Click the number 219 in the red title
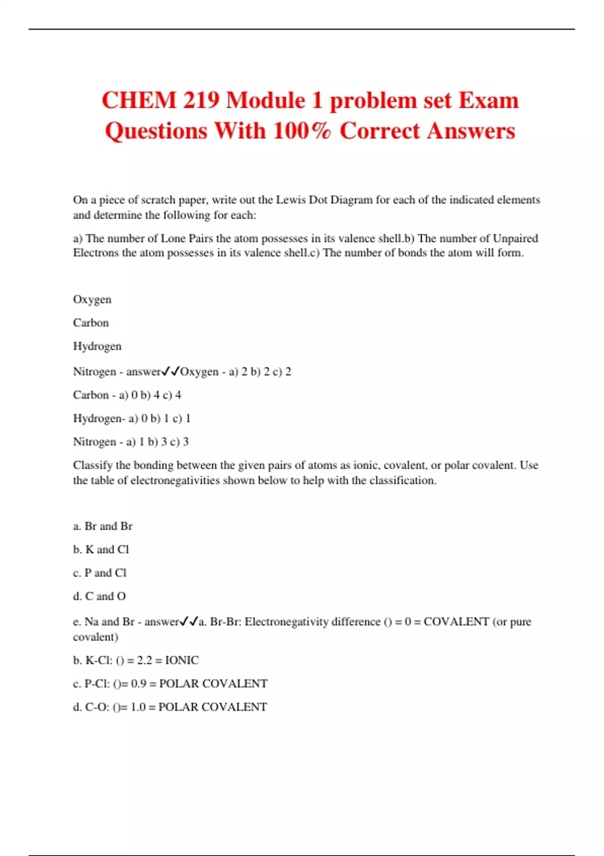(201, 100)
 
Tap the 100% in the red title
(302, 131)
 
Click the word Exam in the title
(488, 100)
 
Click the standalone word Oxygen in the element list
(92, 300)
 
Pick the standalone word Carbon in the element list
(91, 323)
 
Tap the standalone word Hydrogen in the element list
(97, 346)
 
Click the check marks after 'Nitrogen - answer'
(171, 372)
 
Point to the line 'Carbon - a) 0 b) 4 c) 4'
(127, 395)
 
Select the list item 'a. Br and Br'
(103, 526)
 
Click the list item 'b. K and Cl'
(101, 549)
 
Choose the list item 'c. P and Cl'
(100, 573)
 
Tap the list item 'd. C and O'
(99, 596)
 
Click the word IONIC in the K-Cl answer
(182, 660)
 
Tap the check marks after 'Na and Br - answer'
(189, 622)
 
